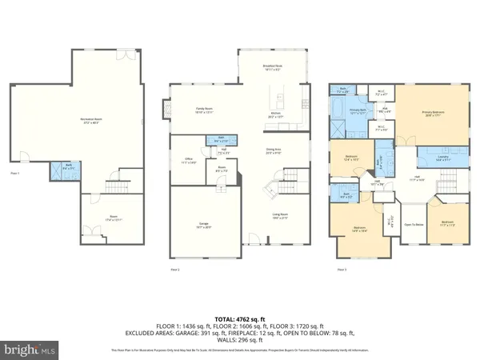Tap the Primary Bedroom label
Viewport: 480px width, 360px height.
pyautogui.click(x=433, y=113)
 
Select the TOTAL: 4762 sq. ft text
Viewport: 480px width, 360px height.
pyautogui.click(x=239, y=318)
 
